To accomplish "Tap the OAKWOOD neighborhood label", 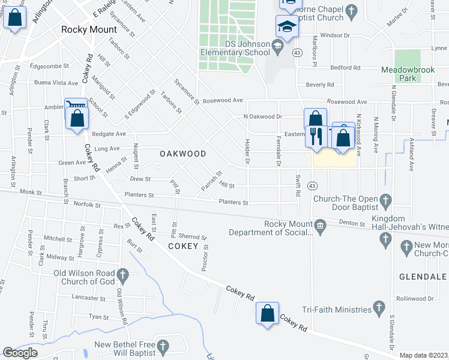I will [x=183, y=154].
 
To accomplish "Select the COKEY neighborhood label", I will [x=183, y=246].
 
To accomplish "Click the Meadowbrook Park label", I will [x=408, y=74].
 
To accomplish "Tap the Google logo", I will [x=20, y=353].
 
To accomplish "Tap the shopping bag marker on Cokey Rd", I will [x=267, y=313].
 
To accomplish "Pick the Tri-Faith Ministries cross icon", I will [x=379, y=308].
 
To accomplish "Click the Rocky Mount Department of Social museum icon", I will [x=320, y=225].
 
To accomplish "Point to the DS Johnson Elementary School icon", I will [x=277, y=46].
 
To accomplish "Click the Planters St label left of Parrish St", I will [x=139, y=195].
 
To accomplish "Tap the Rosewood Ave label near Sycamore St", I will [x=221, y=100].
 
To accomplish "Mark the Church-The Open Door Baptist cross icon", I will [x=385, y=200].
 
